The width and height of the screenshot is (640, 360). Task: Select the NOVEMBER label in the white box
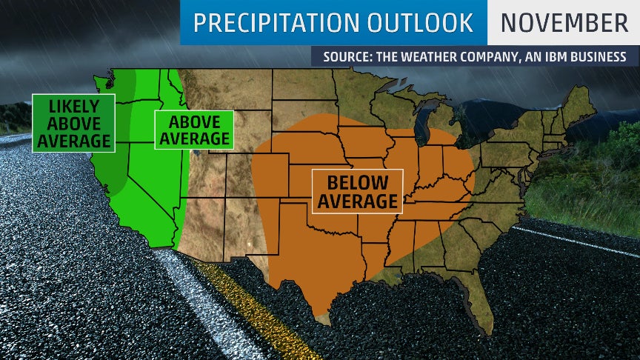pyautogui.click(x=564, y=23)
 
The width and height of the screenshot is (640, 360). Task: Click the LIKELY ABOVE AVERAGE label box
pyautogui.click(x=73, y=122)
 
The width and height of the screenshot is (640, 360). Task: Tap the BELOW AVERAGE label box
pyautogui.click(x=357, y=191)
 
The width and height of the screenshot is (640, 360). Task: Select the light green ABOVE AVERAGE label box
pyautogui.click(x=193, y=130)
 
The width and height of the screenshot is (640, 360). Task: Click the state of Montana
pyautogui.click(x=230, y=93)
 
